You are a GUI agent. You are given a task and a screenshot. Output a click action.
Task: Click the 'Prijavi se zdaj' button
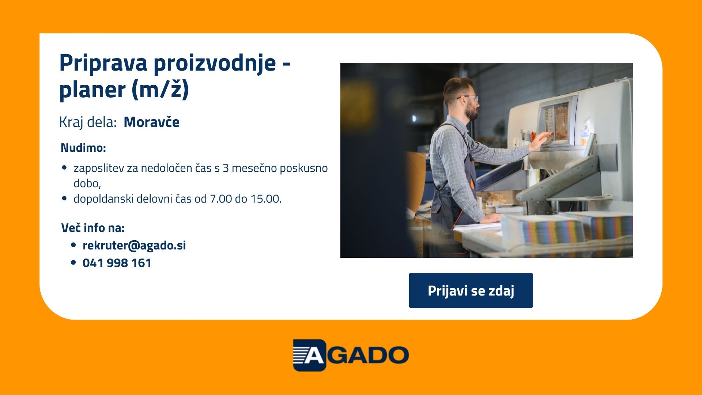pos(471,290)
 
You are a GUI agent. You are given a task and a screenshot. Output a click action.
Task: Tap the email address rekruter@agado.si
pos(134,245)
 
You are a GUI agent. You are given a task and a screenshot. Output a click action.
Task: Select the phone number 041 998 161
pos(117,263)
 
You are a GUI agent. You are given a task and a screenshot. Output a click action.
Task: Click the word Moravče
pos(152,122)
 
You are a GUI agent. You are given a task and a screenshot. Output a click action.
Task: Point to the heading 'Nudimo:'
pos(83,148)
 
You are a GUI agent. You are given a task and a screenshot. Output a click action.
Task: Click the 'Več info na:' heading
pos(93,228)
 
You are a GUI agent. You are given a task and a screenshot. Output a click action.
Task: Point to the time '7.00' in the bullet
pos(221,199)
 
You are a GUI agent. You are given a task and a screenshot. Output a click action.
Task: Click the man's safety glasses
pos(469,98)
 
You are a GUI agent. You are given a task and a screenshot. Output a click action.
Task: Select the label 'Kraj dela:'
pos(88,123)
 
